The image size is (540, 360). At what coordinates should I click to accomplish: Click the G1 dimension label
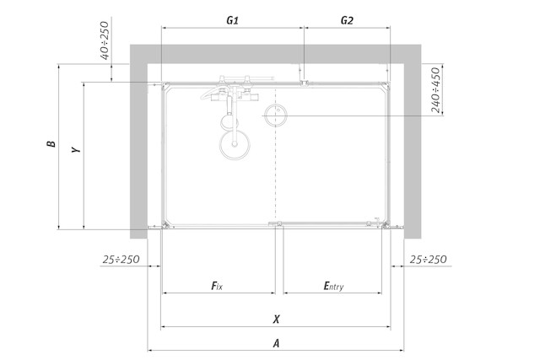233,20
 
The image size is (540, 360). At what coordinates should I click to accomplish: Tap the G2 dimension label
347,20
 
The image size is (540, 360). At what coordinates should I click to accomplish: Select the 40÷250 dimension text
105,40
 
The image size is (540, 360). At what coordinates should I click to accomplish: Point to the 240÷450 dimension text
435,90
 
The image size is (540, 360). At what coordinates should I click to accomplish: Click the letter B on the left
51,143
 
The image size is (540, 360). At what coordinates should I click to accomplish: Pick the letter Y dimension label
76,150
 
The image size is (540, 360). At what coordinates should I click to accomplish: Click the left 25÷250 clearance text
121,259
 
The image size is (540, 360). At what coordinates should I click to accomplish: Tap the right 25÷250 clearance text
428,259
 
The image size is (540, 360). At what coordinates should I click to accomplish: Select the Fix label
217,286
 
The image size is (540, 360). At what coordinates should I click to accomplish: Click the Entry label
333,286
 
